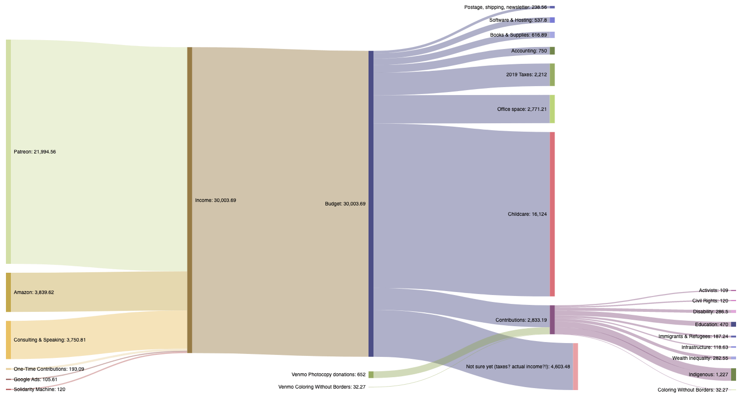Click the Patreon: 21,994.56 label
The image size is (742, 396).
click(35, 152)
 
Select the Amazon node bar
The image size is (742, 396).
click(8, 292)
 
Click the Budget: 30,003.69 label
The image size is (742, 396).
click(345, 203)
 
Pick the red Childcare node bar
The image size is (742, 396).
click(552, 214)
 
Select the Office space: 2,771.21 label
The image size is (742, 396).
click(522, 109)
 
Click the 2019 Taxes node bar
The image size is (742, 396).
click(552, 75)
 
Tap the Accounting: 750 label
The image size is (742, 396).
click(529, 51)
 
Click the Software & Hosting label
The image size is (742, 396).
click(518, 20)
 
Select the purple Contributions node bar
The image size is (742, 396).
click(552, 320)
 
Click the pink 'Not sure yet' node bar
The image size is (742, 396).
click(575, 366)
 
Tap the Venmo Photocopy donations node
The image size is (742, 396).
click(371, 375)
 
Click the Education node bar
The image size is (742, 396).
click(734, 324)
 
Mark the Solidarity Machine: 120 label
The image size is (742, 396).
click(39, 390)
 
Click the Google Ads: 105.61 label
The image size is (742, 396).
click(35, 380)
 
